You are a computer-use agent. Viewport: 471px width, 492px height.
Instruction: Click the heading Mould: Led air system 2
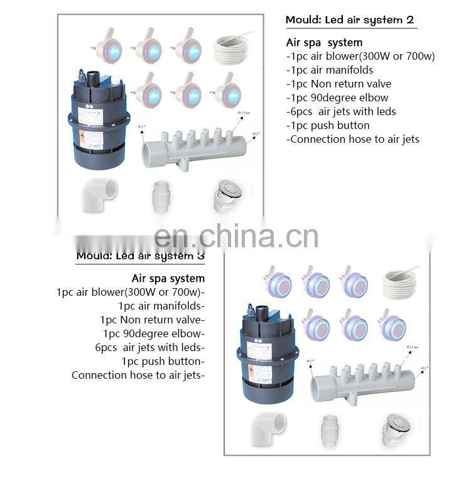[x=349, y=20]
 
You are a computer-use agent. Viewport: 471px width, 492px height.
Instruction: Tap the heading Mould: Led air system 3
[x=140, y=255]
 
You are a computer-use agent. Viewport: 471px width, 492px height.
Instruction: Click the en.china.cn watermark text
[x=236, y=235]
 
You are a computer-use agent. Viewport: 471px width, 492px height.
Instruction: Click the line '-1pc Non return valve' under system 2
[x=338, y=84]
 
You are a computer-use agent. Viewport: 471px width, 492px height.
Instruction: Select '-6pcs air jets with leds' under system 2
[x=341, y=111]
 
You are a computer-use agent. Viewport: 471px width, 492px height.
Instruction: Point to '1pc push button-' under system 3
[x=163, y=361]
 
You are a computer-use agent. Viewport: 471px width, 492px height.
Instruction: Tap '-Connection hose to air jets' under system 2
[x=352, y=139]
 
